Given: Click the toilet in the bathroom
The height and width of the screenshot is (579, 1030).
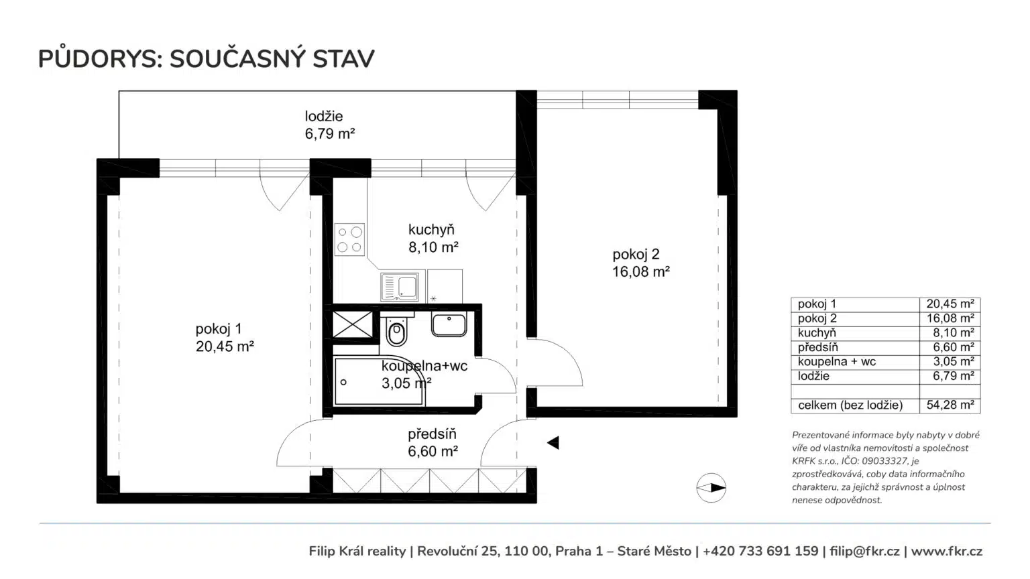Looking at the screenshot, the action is click(x=397, y=329).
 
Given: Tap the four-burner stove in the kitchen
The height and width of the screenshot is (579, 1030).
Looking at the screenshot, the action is click(x=349, y=239).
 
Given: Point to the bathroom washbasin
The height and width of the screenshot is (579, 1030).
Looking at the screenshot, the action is click(x=449, y=324).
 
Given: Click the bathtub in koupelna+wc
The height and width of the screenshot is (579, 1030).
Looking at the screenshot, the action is click(x=379, y=381).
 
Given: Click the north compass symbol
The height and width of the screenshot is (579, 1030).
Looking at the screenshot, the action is click(x=711, y=488).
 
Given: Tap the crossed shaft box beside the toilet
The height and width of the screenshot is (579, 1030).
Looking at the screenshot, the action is click(x=353, y=324).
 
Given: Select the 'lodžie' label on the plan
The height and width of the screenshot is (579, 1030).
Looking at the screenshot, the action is click(x=324, y=116).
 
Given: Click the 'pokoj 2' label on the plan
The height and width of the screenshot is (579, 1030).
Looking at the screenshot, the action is click(x=636, y=254).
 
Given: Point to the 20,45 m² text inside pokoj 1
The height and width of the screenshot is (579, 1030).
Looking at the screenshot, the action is click(x=225, y=346).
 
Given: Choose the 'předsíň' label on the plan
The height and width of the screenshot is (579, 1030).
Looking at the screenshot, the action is click(x=433, y=434).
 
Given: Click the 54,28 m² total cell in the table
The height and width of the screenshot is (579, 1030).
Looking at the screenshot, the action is click(x=950, y=405).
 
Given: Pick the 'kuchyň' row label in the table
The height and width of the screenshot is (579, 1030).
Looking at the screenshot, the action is click(x=817, y=332).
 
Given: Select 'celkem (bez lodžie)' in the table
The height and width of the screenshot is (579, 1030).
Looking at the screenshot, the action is click(x=850, y=405).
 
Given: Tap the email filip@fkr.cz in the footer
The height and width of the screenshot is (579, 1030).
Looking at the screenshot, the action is click(x=864, y=551).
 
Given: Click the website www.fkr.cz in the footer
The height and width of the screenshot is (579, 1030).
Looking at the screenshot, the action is click(x=947, y=551).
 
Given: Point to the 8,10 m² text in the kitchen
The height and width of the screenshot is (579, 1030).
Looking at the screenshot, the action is click(x=433, y=247).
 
